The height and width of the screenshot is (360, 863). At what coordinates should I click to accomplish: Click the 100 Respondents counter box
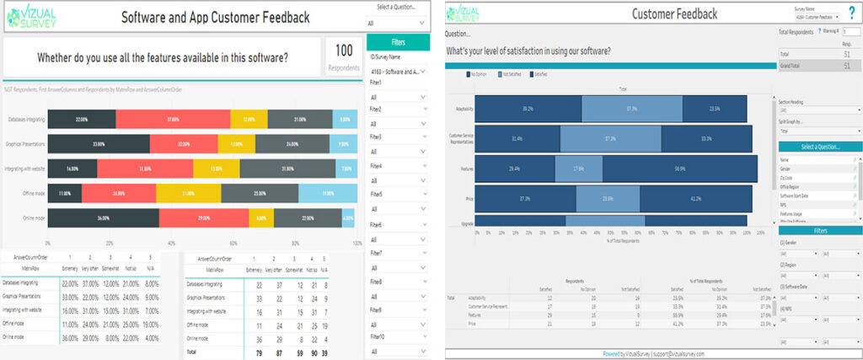coord(343,56)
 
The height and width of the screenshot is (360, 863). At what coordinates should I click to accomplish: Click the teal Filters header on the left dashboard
coord(399,42)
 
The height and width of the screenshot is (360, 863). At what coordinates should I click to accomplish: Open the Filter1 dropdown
coord(399,97)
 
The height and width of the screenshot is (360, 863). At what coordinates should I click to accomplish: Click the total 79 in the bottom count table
coord(260,351)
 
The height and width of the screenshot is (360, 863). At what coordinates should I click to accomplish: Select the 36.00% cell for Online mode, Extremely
coord(71,337)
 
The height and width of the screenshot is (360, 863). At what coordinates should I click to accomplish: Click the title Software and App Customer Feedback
coord(215,17)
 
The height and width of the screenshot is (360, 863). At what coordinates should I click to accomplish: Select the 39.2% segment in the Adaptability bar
coord(528,109)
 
